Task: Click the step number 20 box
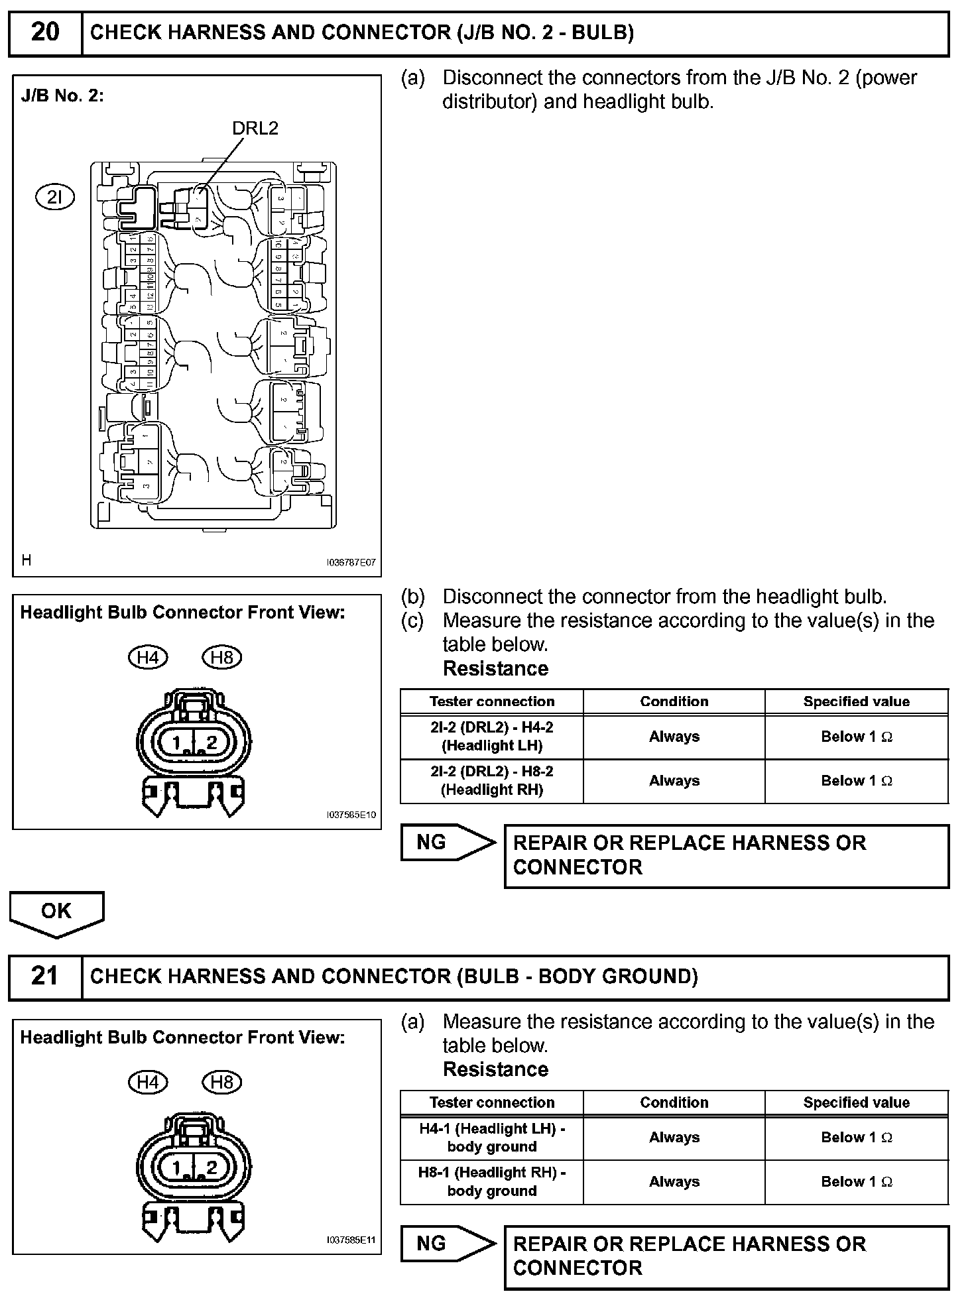pos(45,32)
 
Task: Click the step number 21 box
pos(45,977)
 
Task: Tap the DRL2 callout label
pos(255,129)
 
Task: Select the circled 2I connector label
pos(55,197)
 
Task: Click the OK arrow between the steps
pos(56,913)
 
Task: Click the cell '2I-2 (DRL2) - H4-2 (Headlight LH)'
pos(492,737)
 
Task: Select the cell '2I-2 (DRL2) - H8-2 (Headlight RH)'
pos(492,781)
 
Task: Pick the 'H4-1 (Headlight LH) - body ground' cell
pos(492,1138)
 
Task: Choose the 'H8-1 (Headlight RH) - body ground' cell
pos(492,1182)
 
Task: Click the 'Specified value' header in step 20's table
pos(856,701)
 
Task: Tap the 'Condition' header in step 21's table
pos(674,1102)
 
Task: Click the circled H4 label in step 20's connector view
pos(147,658)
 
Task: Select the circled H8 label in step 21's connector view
pos(221,1083)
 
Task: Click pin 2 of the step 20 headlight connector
pos(211,743)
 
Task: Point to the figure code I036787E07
pos(351,562)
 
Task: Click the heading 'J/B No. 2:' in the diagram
pos(62,96)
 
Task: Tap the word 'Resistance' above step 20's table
pos(495,669)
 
